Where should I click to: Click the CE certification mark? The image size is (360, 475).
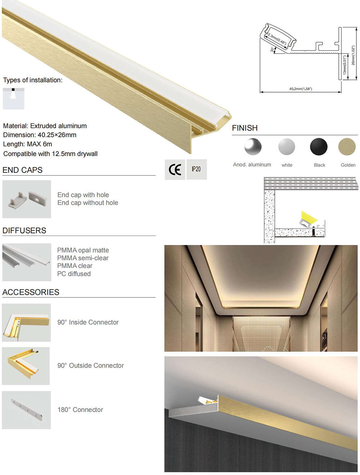pyautogui.click(x=175, y=169)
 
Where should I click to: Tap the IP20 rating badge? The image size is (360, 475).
pyautogui.click(x=196, y=169)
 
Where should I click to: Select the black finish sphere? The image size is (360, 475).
pyautogui.click(x=319, y=147)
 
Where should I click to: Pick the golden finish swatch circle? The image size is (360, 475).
pyautogui.click(x=347, y=147)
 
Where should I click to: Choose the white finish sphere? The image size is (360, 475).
pyautogui.click(x=287, y=147)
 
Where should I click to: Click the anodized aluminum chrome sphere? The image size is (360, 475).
pyautogui.click(x=253, y=147)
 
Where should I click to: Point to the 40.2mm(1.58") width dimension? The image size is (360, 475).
pyautogui.click(x=301, y=89)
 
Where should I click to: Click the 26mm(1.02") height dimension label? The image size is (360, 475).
pyautogui.click(x=353, y=55)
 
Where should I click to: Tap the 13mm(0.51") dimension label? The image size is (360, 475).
pyautogui.click(x=345, y=65)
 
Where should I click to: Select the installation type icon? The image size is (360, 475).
pyautogui.click(x=14, y=98)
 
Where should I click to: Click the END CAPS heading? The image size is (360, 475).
pyautogui.click(x=22, y=170)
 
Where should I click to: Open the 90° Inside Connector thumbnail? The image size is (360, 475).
pyautogui.click(x=26, y=323)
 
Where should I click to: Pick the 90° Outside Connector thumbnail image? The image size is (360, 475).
pyautogui.click(x=26, y=366)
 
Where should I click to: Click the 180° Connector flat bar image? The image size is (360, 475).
pyautogui.click(x=26, y=410)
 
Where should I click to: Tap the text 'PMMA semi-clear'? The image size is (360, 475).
pyautogui.click(x=83, y=258)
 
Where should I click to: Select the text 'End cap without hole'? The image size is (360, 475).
pyautogui.click(x=88, y=203)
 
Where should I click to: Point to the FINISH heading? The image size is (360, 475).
pyautogui.click(x=245, y=128)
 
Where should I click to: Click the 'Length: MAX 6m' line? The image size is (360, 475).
pyautogui.click(x=28, y=144)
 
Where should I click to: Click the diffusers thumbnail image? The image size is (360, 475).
pyautogui.click(x=27, y=262)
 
